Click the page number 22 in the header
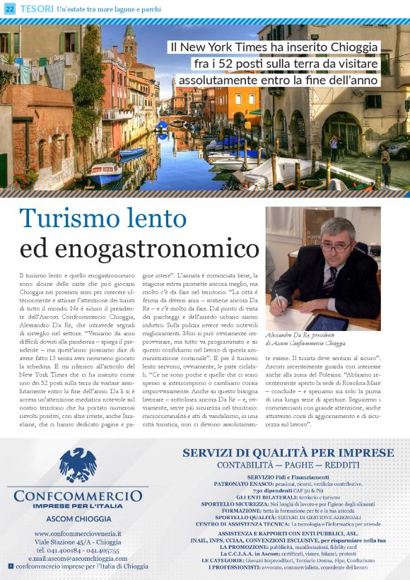9,8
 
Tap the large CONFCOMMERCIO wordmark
78,496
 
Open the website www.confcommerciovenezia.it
78,533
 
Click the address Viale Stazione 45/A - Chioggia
78,542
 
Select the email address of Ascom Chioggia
78,558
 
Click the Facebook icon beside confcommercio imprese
11,567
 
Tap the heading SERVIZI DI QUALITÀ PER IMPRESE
288,453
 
